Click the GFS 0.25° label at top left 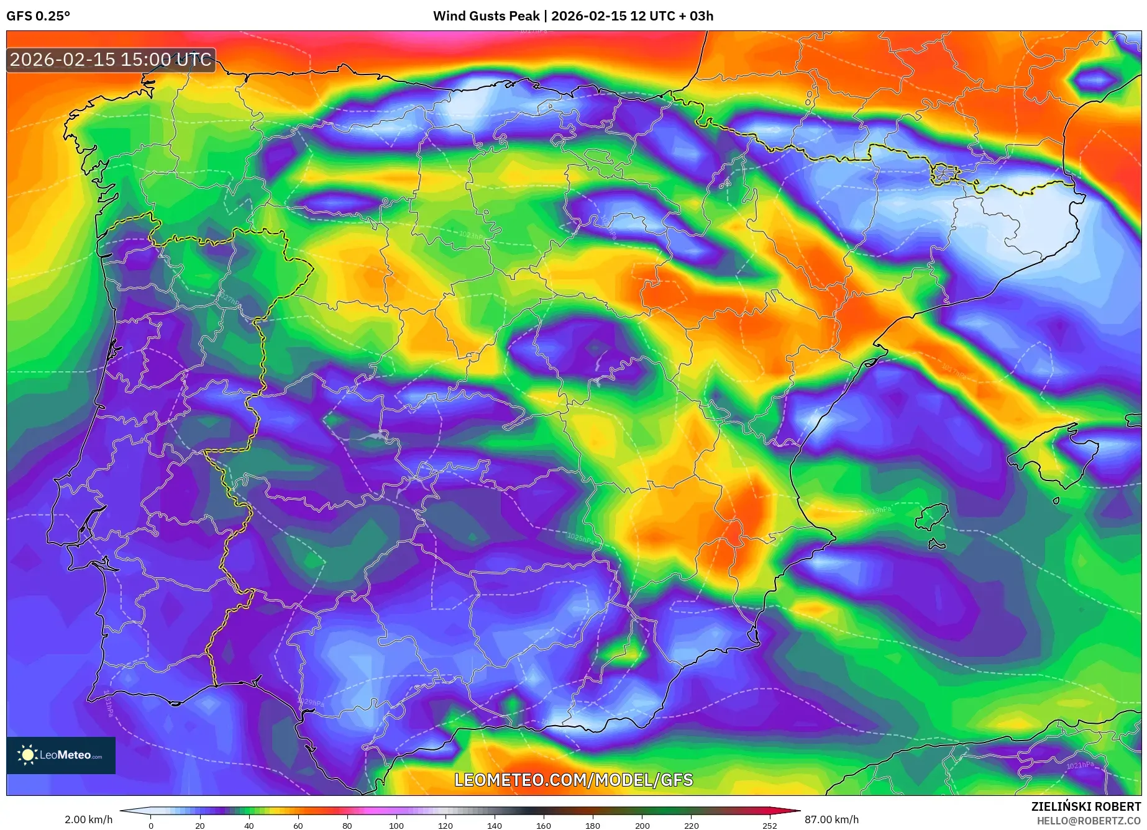pyautogui.click(x=38, y=16)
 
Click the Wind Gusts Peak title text pyautogui.click(x=573, y=16)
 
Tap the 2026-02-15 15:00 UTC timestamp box pyautogui.click(x=111, y=60)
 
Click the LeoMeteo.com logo pyautogui.click(x=61, y=755)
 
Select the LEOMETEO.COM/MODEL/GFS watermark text pyautogui.click(x=573, y=780)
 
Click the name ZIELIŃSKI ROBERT pyautogui.click(x=1085, y=806)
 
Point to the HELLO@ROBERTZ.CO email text pyautogui.click(x=1088, y=821)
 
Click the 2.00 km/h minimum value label pyautogui.click(x=88, y=819)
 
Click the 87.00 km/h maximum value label pyautogui.click(x=831, y=819)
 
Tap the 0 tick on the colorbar pyautogui.click(x=150, y=826)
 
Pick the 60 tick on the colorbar pyautogui.click(x=298, y=826)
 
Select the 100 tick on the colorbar pyautogui.click(x=396, y=826)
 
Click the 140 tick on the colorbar pyautogui.click(x=494, y=826)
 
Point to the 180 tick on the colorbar pyautogui.click(x=592, y=826)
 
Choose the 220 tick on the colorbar pyautogui.click(x=691, y=826)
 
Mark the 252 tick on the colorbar pyautogui.click(x=769, y=826)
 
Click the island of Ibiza pyautogui.click(x=932, y=516)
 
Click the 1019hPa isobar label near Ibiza pyautogui.click(x=877, y=510)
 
